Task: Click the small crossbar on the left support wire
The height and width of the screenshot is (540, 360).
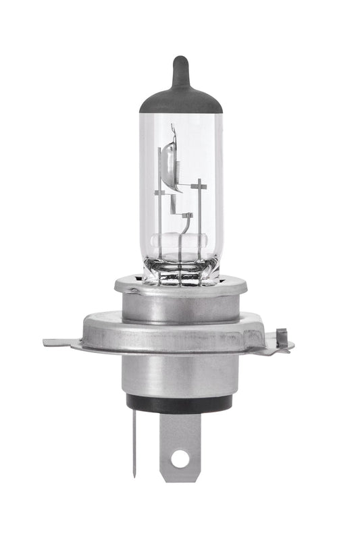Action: tap(160, 193)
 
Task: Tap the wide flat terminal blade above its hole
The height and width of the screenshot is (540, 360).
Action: tap(180, 432)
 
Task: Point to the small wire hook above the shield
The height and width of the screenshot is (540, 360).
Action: tap(174, 128)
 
